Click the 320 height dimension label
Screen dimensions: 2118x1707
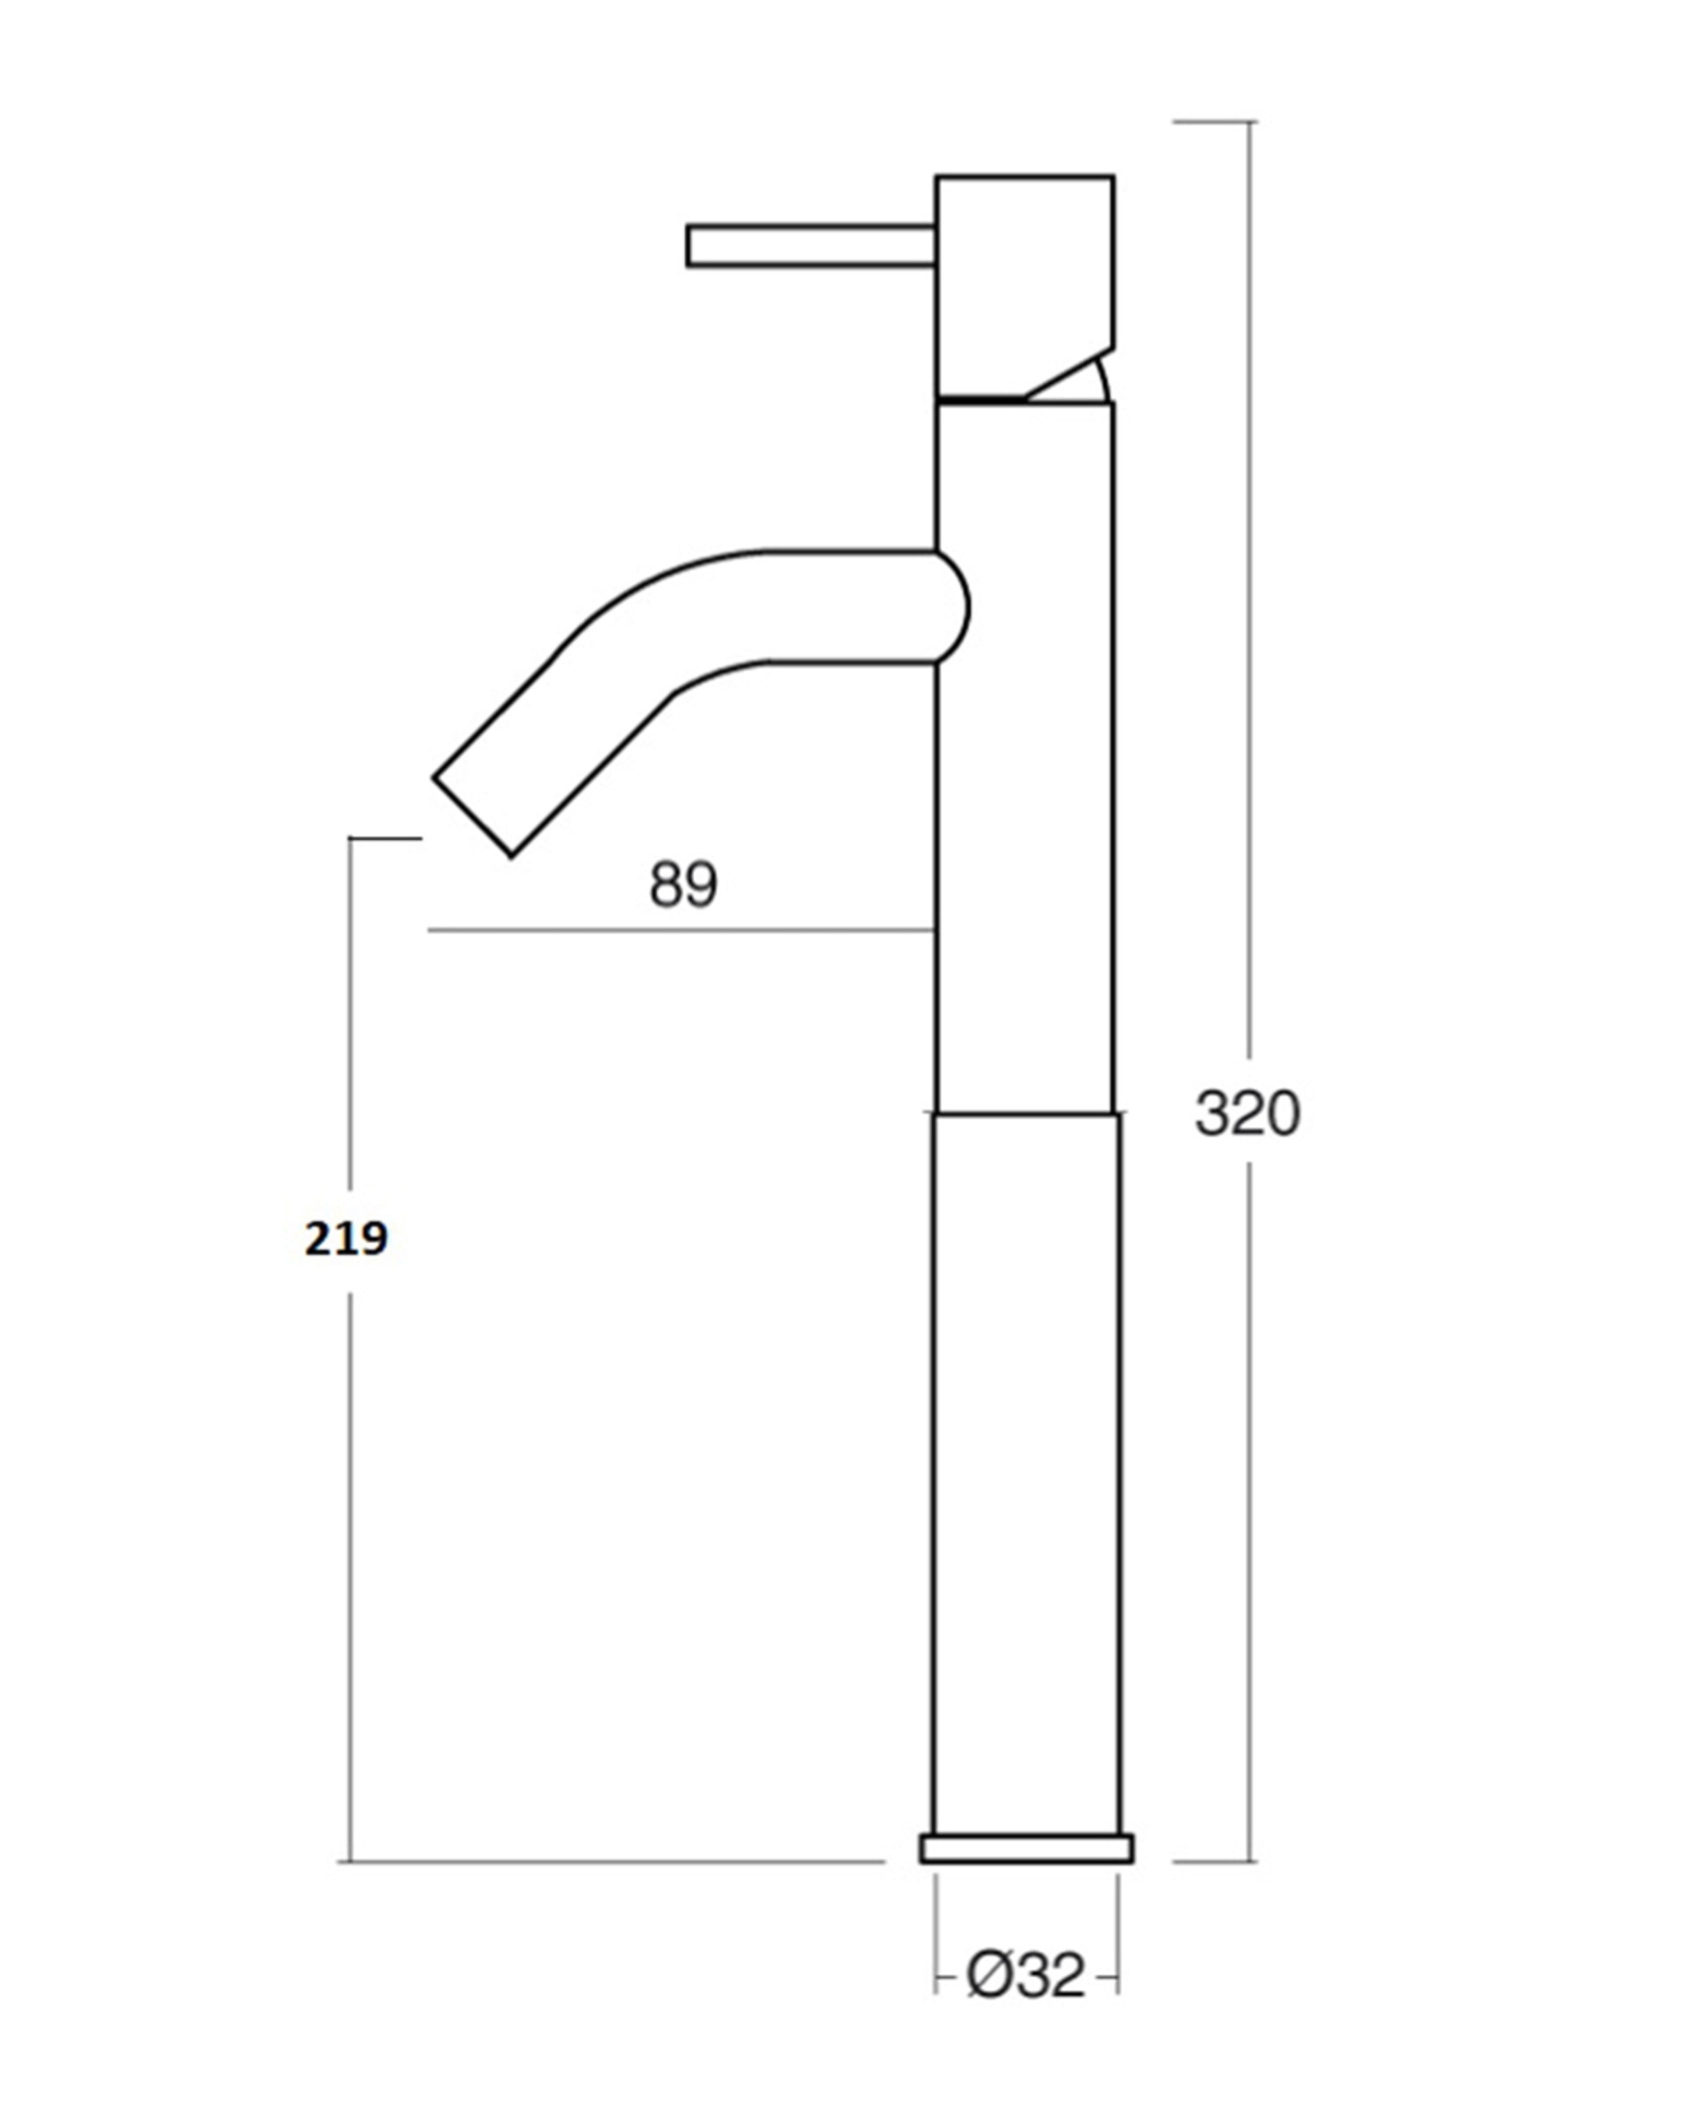[x=1247, y=1114]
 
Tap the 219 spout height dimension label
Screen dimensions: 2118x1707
[x=345, y=1239]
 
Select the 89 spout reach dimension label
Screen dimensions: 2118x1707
[x=683, y=885]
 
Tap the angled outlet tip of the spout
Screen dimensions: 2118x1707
[x=473, y=815]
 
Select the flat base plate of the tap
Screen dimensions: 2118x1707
[x=1026, y=1848]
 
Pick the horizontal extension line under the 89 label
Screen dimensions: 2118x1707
[x=679, y=929]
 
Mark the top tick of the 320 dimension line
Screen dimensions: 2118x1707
[x=1215, y=122]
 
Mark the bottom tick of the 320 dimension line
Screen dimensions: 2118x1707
[x=1215, y=1861]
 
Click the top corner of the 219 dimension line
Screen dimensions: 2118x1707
[x=351, y=838]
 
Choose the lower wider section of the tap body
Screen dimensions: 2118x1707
[x=1026, y=1475]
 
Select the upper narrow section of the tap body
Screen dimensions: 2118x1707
[x=1026, y=836]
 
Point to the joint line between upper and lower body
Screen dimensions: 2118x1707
[x=1026, y=1114]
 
